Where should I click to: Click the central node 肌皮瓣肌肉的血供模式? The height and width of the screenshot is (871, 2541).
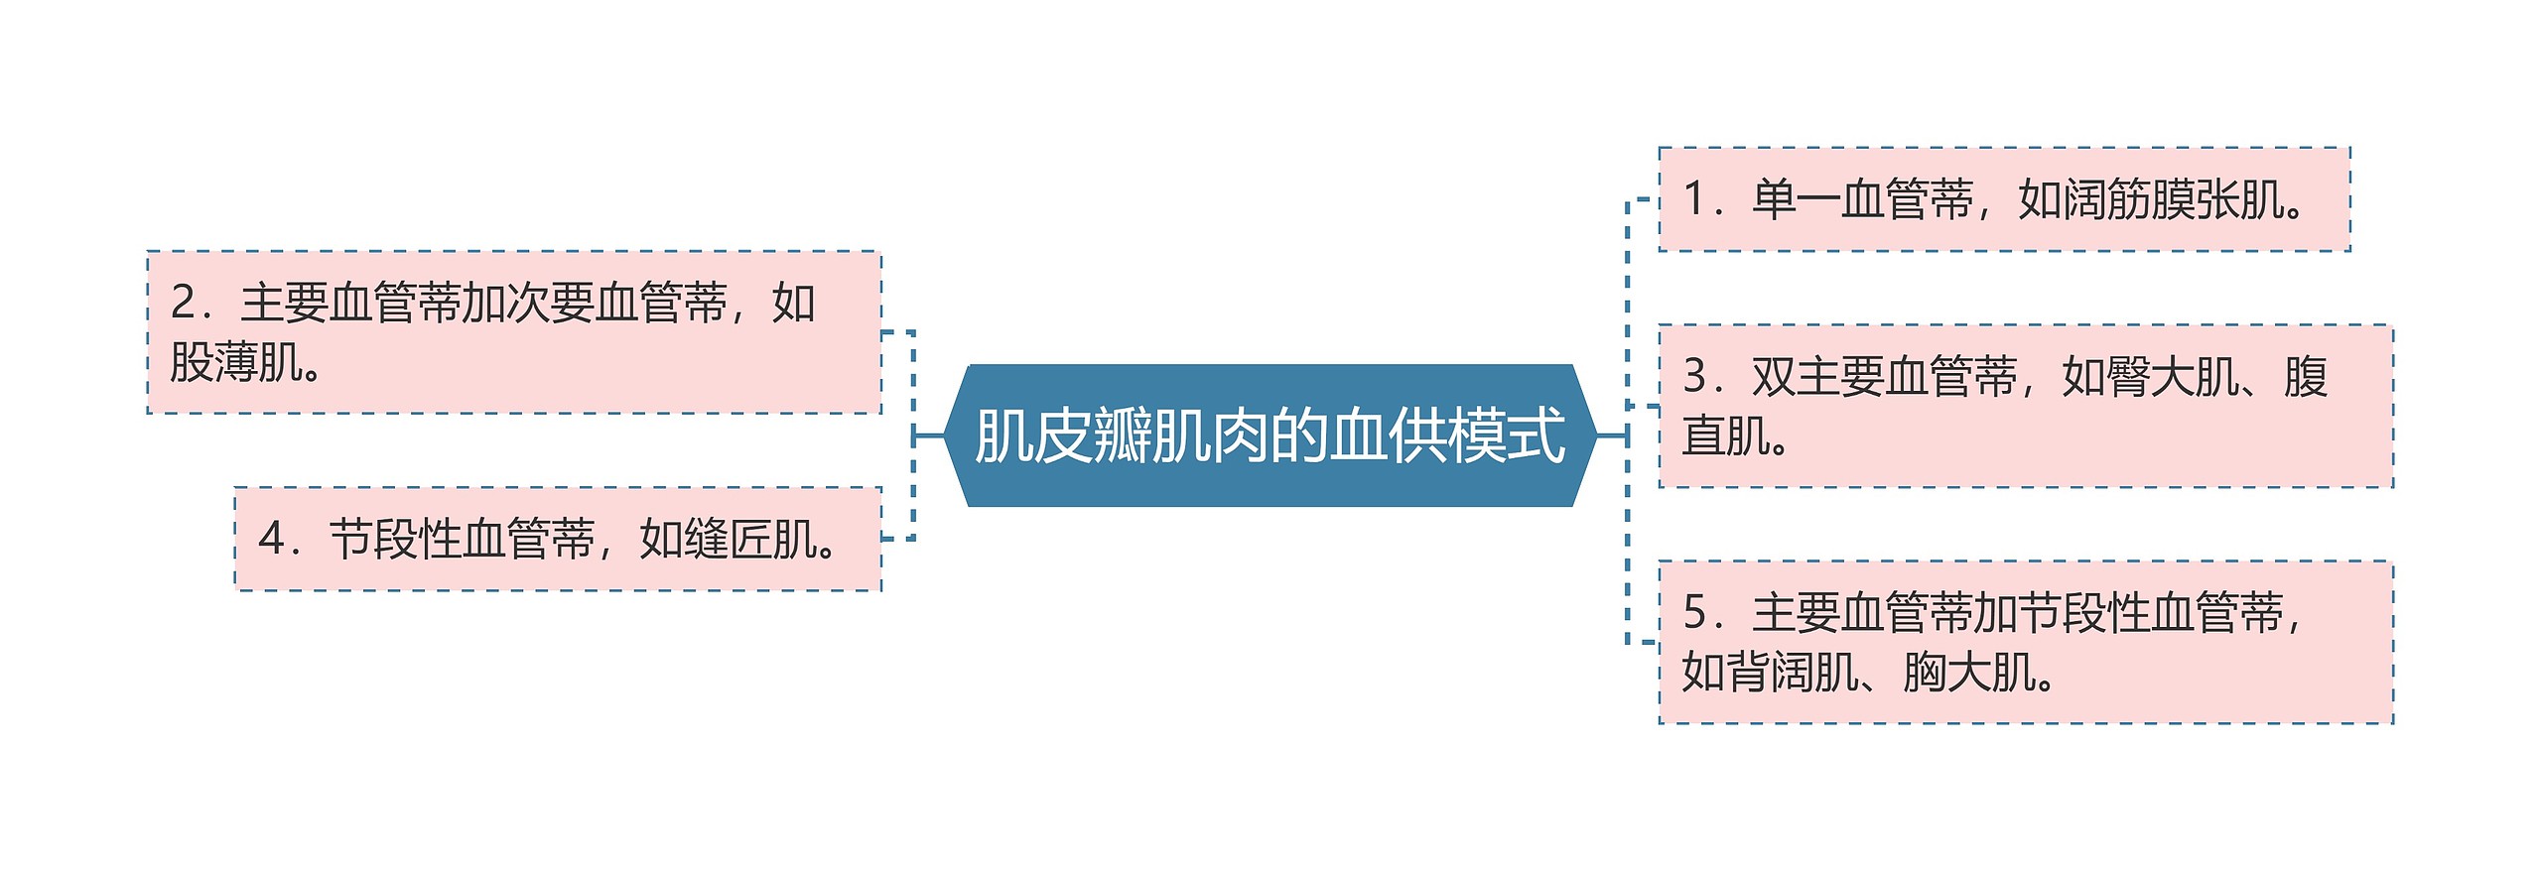(1270, 435)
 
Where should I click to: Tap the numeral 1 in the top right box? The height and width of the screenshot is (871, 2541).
(1695, 199)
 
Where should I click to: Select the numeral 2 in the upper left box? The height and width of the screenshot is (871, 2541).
(183, 303)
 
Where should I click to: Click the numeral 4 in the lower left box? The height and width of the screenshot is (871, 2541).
(270, 540)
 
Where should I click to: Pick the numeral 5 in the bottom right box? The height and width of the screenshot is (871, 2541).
(1695, 613)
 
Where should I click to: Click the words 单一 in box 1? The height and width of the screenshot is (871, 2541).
(1796, 199)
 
